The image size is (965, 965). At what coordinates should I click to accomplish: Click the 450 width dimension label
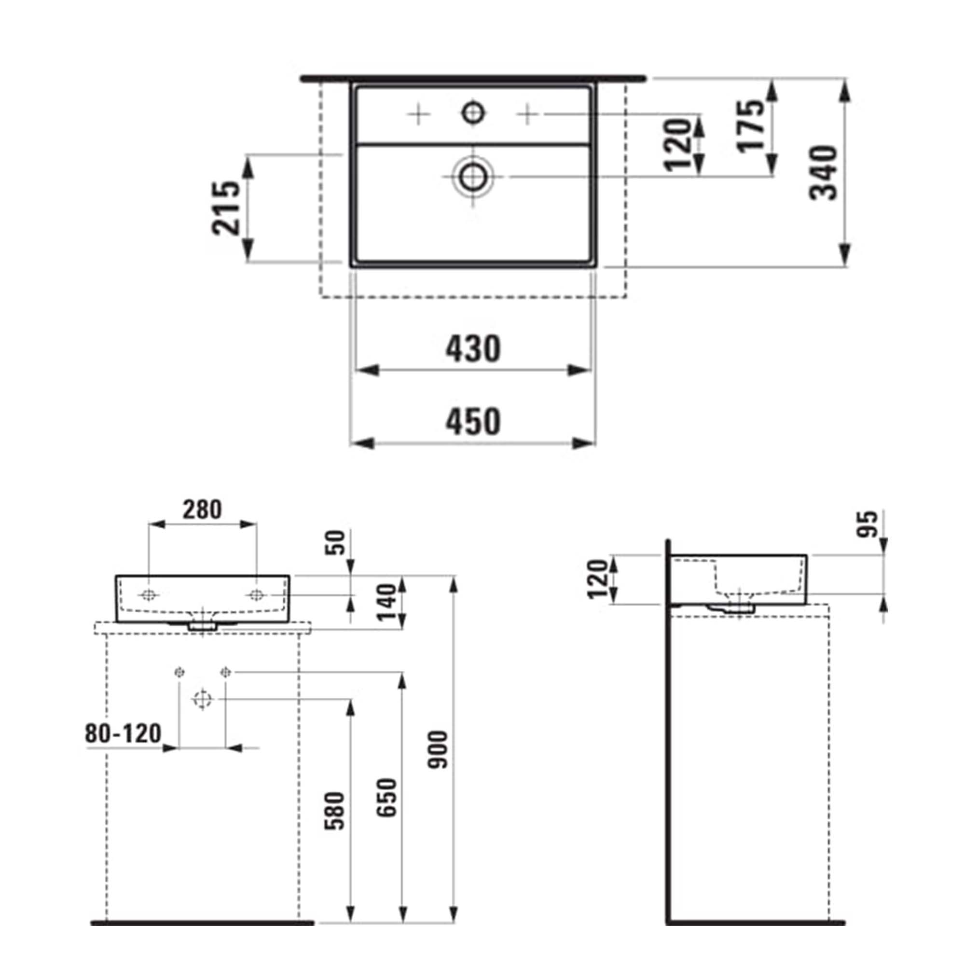point(472,421)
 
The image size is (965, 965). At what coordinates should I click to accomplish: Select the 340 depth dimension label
point(823,173)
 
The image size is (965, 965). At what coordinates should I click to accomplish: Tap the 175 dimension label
point(751,125)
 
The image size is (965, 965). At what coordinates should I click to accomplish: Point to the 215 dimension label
point(226,208)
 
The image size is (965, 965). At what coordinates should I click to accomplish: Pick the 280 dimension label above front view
point(202,510)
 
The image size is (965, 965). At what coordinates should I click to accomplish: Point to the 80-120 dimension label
point(123,734)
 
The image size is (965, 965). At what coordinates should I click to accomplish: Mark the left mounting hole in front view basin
point(149,595)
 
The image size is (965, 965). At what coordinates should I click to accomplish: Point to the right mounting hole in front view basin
point(256,595)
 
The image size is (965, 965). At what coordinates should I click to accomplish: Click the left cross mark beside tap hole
point(418,115)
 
